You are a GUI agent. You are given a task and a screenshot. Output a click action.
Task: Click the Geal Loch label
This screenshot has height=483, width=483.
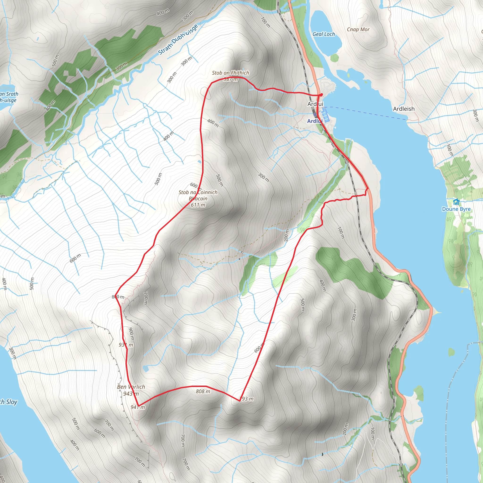click(x=324, y=34)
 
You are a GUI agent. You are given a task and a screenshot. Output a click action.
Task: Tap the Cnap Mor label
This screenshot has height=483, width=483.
click(x=358, y=29)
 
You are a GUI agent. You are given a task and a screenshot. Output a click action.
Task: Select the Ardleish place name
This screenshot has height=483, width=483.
click(x=404, y=109)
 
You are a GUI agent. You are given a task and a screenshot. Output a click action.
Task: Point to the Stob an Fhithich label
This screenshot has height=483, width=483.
click(x=230, y=73)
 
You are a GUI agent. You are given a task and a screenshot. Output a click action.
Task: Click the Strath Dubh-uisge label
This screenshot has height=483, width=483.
click(x=178, y=39)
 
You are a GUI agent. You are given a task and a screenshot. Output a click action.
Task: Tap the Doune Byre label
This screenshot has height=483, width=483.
click(x=456, y=209)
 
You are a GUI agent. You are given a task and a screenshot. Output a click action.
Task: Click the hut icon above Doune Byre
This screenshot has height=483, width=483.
click(x=456, y=202)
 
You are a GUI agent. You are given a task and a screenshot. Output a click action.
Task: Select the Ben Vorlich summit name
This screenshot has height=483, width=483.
click(x=131, y=387)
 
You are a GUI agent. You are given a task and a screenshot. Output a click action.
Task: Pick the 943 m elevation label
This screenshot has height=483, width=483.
click(x=131, y=394)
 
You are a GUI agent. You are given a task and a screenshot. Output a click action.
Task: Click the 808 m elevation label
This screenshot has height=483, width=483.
click(x=203, y=391)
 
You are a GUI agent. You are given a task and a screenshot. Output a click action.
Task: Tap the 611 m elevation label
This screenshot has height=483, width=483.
click(x=198, y=205)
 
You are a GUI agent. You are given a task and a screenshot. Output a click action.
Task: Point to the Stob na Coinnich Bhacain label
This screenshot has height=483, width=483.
click(x=198, y=196)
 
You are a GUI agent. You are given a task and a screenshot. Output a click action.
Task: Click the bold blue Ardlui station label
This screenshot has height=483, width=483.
click(x=315, y=121)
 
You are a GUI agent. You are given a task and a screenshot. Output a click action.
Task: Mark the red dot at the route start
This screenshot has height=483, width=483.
click(x=321, y=95)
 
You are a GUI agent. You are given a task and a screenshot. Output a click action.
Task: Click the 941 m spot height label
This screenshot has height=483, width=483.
click(x=138, y=407)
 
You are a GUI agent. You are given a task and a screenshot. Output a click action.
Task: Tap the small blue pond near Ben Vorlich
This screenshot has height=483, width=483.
click(x=146, y=368)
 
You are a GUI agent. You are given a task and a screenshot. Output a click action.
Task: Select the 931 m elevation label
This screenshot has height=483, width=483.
click(x=126, y=345)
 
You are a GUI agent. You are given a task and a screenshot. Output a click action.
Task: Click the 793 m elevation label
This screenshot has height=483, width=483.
click(x=247, y=399)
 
